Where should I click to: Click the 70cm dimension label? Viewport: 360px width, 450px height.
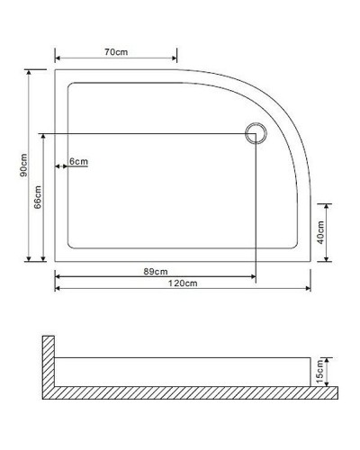114,53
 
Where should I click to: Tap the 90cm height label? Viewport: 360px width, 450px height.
25,164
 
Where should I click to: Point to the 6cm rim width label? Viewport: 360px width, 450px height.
79,162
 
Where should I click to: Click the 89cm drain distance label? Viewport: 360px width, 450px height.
155,271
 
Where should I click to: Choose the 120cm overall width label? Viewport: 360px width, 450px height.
184,283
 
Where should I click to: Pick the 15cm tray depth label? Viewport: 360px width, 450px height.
319,371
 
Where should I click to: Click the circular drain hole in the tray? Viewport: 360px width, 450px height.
255,135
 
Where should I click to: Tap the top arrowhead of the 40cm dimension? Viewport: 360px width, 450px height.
327,203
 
